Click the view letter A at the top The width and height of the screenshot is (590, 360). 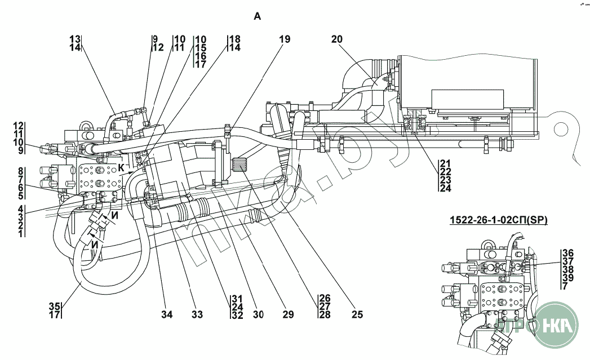[258, 17]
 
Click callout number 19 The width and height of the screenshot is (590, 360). [285, 39]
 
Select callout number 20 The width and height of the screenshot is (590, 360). [337, 39]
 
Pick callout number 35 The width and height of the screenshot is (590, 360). [54, 306]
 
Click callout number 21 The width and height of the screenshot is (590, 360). [445, 163]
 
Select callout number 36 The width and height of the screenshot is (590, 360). [567, 253]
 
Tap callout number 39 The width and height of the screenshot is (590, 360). [567, 278]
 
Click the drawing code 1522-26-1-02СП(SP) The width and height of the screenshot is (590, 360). [499, 220]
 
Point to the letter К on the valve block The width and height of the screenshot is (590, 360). [121, 167]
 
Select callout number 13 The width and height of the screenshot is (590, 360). [76, 39]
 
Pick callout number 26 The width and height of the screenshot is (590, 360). [324, 298]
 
